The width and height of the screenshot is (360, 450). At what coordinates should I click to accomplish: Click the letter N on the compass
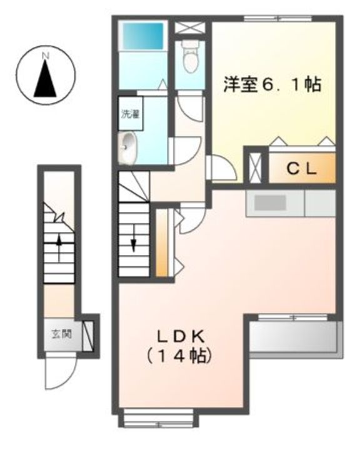(46, 56)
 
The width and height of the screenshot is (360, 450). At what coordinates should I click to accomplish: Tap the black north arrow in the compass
(45, 77)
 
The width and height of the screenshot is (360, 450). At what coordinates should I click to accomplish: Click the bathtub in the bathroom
(143, 36)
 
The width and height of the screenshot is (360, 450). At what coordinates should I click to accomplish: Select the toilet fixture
(190, 56)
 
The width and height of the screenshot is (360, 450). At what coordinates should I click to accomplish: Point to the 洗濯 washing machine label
(131, 114)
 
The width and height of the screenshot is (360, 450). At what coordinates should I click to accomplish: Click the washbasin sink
(127, 148)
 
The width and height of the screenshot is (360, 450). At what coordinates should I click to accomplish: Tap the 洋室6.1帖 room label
(272, 84)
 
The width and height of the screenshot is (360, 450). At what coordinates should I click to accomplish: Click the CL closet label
(302, 169)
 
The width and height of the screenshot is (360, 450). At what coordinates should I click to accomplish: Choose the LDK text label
(180, 337)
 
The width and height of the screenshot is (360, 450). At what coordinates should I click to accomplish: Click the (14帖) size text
(179, 356)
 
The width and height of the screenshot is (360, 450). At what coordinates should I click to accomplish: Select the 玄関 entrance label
(61, 334)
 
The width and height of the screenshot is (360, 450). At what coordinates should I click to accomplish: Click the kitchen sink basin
(270, 203)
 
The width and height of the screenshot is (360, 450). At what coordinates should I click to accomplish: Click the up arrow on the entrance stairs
(59, 249)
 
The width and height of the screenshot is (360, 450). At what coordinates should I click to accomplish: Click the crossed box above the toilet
(190, 28)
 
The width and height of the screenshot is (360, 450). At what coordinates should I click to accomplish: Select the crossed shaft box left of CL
(255, 168)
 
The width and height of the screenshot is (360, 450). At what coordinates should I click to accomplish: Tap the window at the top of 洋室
(277, 19)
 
